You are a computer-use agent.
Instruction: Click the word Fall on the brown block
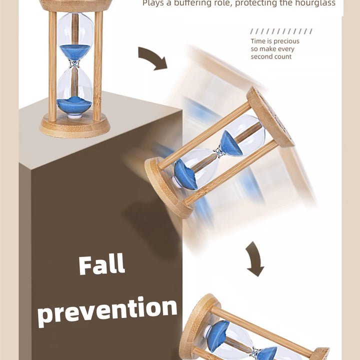point(101,264)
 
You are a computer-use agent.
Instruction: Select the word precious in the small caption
point(286,41)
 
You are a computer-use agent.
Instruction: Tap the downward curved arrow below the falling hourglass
point(255,259)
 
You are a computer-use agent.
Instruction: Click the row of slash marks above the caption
point(281,31)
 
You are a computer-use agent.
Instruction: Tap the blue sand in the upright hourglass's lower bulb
point(74,105)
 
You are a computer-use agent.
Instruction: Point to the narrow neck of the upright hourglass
point(74,63)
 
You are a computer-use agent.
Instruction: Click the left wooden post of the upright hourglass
point(52,66)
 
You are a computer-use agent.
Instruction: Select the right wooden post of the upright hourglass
point(98,66)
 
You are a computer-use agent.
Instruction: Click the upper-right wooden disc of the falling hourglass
point(270,117)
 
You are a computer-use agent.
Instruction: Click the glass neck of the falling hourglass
point(219,152)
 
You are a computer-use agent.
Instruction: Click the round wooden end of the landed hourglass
point(198,326)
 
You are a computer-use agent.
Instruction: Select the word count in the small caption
point(282,56)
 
